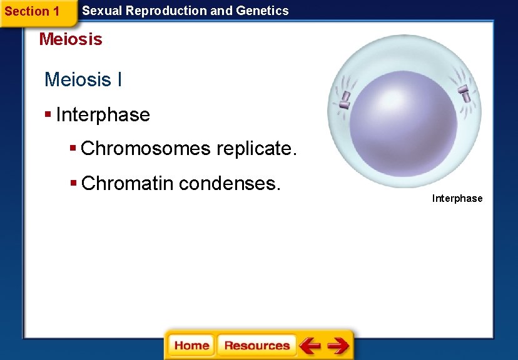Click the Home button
click(x=191, y=346)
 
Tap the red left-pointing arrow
click(x=310, y=346)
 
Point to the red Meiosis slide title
click(x=70, y=39)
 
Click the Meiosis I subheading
click(x=83, y=80)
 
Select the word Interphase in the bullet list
click(x=103, y=115)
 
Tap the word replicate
click(x=256, y=149)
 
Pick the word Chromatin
click(x=128, y=183)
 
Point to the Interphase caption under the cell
click(x=457, y=199)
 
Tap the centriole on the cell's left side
click(x=344, y=99)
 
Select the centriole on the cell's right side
click(x=464, y=93)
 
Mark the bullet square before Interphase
click(x=48, y=115)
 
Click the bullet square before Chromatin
click(x=73, y=183)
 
